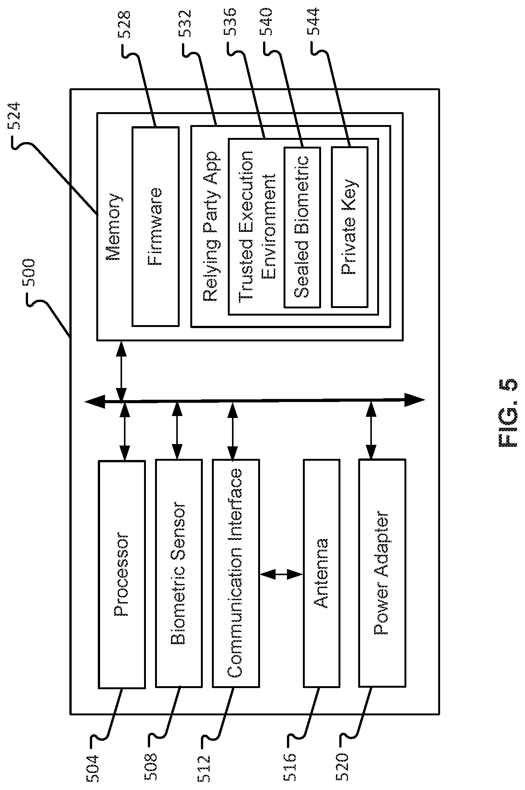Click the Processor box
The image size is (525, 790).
tap(122, 574)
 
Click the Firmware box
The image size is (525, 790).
tap(155, 227)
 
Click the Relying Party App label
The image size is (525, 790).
tap(210, 227)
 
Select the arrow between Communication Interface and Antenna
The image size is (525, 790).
tap(281, 574)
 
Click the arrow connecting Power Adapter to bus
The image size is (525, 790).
tap(371, 430)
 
